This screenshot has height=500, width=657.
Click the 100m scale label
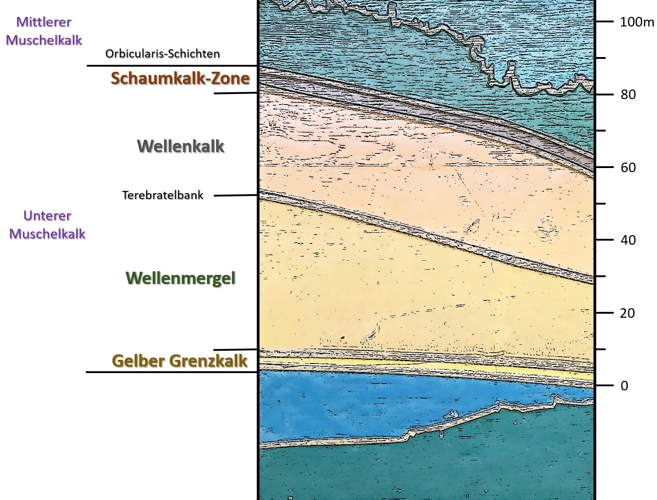[636, 22]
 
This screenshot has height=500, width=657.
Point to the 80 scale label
[628, 95]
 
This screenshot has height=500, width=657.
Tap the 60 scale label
[628, 168]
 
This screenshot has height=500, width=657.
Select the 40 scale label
[628, 240]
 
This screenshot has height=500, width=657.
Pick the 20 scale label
[627, 313]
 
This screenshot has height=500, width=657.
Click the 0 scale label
[624, 386]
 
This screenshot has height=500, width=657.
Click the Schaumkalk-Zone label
[180, 79]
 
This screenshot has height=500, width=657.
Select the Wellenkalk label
[180, 147]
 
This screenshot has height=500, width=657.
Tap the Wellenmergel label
[180, 279]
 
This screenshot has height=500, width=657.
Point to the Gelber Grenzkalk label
[180, 361]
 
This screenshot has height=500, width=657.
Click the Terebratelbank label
[163, 195]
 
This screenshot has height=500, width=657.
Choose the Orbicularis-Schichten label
[163, 54]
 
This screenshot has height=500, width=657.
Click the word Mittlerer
[44, 22]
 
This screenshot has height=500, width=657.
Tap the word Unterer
[47, 216]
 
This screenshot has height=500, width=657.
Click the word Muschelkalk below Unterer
[47, 234]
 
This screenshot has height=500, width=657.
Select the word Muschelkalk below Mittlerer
[44, 40]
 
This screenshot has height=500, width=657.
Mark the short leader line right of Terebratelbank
[236, 195]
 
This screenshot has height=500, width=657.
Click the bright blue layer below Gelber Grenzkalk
[366, 402]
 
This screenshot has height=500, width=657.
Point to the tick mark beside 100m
[604, 21]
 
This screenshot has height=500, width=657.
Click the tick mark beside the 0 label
[604, 385]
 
